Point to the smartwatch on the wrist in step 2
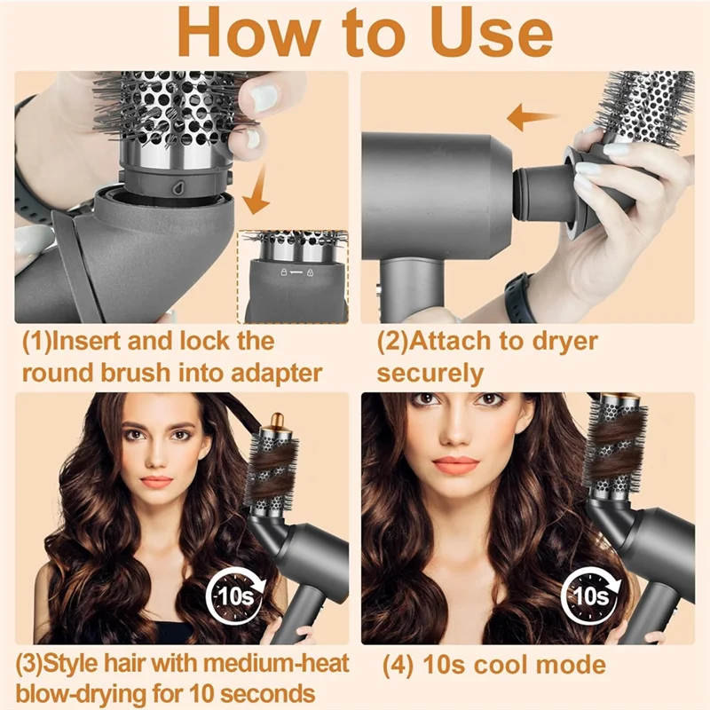[x=517, y=296]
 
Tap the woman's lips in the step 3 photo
[x=156, y=482]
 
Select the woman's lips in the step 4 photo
[x=456, y=464]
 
